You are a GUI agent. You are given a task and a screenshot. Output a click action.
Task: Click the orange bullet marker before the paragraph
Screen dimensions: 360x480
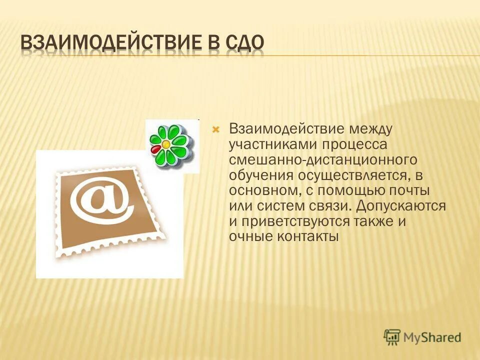click(216, 129)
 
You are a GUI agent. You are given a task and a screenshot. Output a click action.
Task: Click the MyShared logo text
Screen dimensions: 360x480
click(432, 336)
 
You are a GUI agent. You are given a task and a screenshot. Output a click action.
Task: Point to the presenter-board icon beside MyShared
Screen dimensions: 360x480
click(392, 336)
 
